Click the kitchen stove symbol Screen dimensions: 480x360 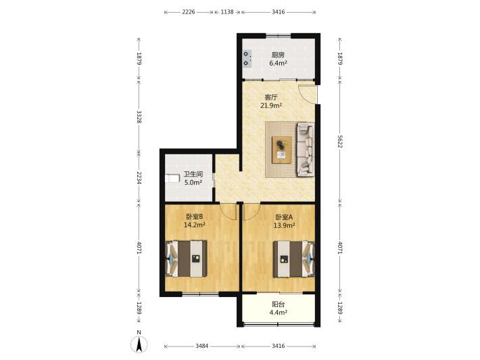[247, 58]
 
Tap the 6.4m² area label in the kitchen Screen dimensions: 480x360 [278, 64]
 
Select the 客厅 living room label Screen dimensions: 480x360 [271, 97]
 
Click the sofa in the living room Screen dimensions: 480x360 [306, 150]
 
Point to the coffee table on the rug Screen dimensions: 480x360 [282, 150]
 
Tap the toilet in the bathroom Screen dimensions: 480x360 [172, 179]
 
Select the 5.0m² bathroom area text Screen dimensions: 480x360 [193, 183]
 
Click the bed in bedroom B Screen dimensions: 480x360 [186, 259]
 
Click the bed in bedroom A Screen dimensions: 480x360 [294, 259]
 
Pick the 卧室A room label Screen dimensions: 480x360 [284, 217]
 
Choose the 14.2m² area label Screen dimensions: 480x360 [195, 225]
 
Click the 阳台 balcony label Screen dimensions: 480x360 [279, 305]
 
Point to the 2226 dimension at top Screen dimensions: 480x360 [189, 12]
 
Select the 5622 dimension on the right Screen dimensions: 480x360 [340, 141]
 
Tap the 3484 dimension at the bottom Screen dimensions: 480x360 [202, 346]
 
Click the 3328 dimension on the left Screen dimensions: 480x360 [139, 117]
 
